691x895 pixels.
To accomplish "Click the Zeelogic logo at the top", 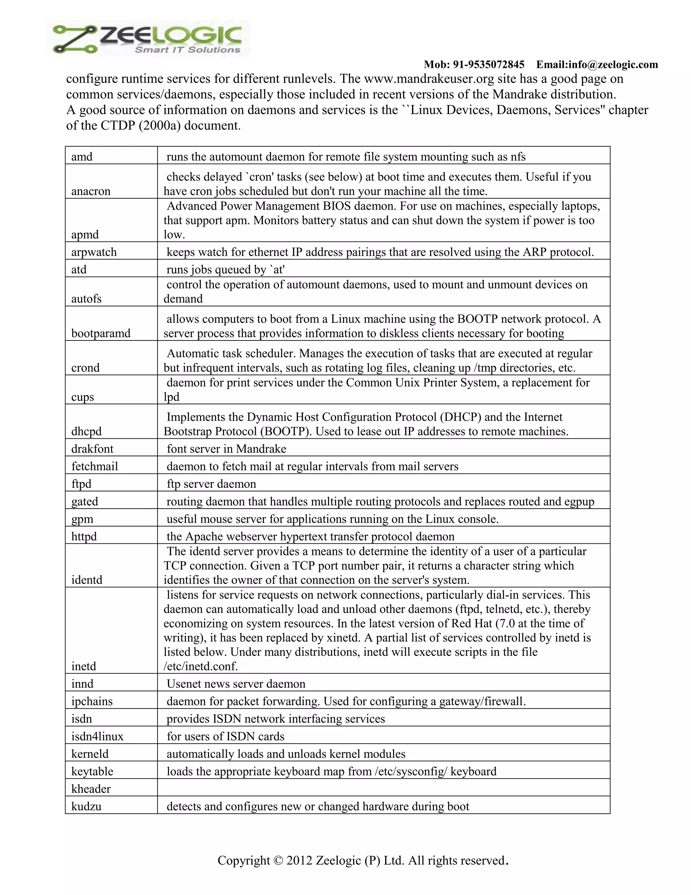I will pos(148,39).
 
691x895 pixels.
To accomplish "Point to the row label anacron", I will pos(91,191).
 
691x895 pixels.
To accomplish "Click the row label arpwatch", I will pos(94,252).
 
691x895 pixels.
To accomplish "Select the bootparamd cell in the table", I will pos(101,333).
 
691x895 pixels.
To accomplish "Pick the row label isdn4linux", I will pos(98,736).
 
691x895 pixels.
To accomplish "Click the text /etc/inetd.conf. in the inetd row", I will pos(201,666).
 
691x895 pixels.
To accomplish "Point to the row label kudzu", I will pos(86,806).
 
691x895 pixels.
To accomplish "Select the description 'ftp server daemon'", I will pos(211,484).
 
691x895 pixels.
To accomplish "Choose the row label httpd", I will pos(84,536).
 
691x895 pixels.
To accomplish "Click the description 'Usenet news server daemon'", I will pos(236,684).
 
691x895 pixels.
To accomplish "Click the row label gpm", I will pos(82,519).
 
